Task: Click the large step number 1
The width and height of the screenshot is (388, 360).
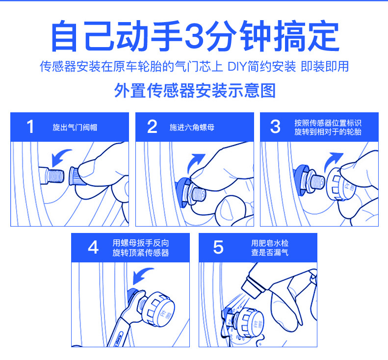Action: coord(30,127)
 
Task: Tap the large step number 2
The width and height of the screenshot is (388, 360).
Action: coord(152,127)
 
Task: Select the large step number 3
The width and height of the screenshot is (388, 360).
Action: coord(275,127)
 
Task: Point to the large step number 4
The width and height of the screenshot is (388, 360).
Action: coord(93,247)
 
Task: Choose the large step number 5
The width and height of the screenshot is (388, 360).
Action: coord(218,247)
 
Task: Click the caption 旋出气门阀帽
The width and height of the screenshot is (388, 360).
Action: coord(75,128)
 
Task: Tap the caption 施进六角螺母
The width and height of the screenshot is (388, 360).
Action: coord(192,128)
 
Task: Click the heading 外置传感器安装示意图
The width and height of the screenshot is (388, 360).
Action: coord(195,91)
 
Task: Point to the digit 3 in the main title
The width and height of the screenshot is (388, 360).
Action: coord(194,35)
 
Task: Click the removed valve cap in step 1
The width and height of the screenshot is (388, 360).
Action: coord(76,176)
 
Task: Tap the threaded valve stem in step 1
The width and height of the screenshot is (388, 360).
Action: coord(52,176)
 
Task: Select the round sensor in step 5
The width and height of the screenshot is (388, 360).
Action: coord(249,323)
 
